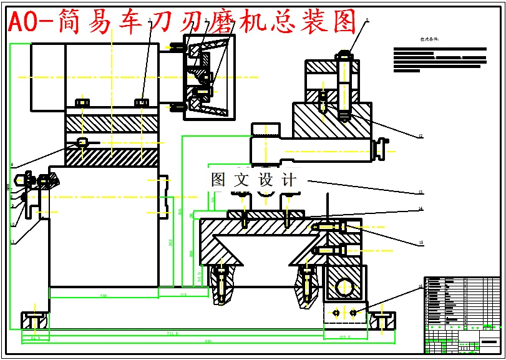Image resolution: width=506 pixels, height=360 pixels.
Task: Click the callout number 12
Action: click(x=421, y=136)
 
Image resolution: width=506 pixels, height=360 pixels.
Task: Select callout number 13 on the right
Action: click(x=421, y=192)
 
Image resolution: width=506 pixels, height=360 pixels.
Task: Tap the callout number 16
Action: click(x=421, y=286)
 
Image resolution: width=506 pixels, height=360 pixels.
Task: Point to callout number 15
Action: click(x=421, y=243)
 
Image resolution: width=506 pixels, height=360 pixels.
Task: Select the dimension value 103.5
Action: click(x=344, y=337)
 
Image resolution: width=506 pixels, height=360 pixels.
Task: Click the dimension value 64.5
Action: click(x=35, y=338)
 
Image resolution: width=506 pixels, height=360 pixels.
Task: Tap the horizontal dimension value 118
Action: click(x=183, y=294)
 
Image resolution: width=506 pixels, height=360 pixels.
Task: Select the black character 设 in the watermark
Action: click(x=266, y=180)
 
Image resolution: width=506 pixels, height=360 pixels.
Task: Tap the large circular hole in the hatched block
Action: click(x=343, y=287)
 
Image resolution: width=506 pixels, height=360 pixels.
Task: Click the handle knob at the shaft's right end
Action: click(x=377, y=150)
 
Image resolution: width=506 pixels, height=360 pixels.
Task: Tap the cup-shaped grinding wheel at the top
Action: click(x=209, y=75)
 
